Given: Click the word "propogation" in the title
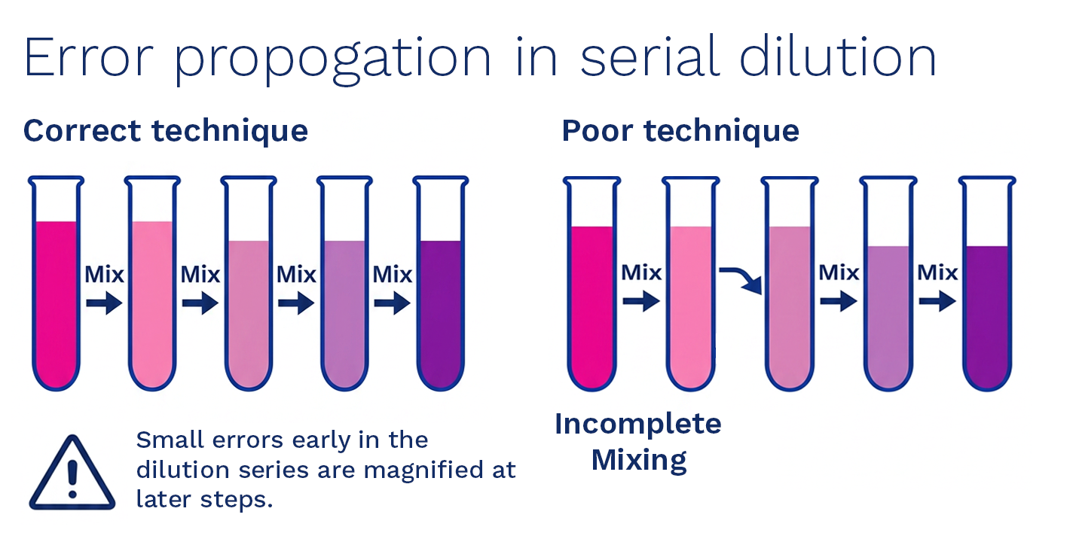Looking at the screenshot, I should pyautogui.click(x=332, y=58).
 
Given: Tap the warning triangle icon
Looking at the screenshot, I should pyautogui.click(x=72, y=474).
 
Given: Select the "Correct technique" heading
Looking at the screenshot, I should pyautogui.click(x=166, y=131).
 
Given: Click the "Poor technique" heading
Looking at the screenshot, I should pyautogui.click(x=680, y=131).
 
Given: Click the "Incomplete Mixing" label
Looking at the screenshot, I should pyautogui.click(x=638, y=441).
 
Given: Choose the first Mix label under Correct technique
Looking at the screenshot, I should pyautogui.click(x=104, y=274).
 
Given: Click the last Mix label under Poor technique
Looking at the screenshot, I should pyautogui.click(x=937, y=272).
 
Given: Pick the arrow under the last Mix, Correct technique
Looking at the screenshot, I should pyautogui.click(x=393, y=304).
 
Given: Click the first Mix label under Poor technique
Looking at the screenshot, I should pyautogui.click(x=640, y=272).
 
